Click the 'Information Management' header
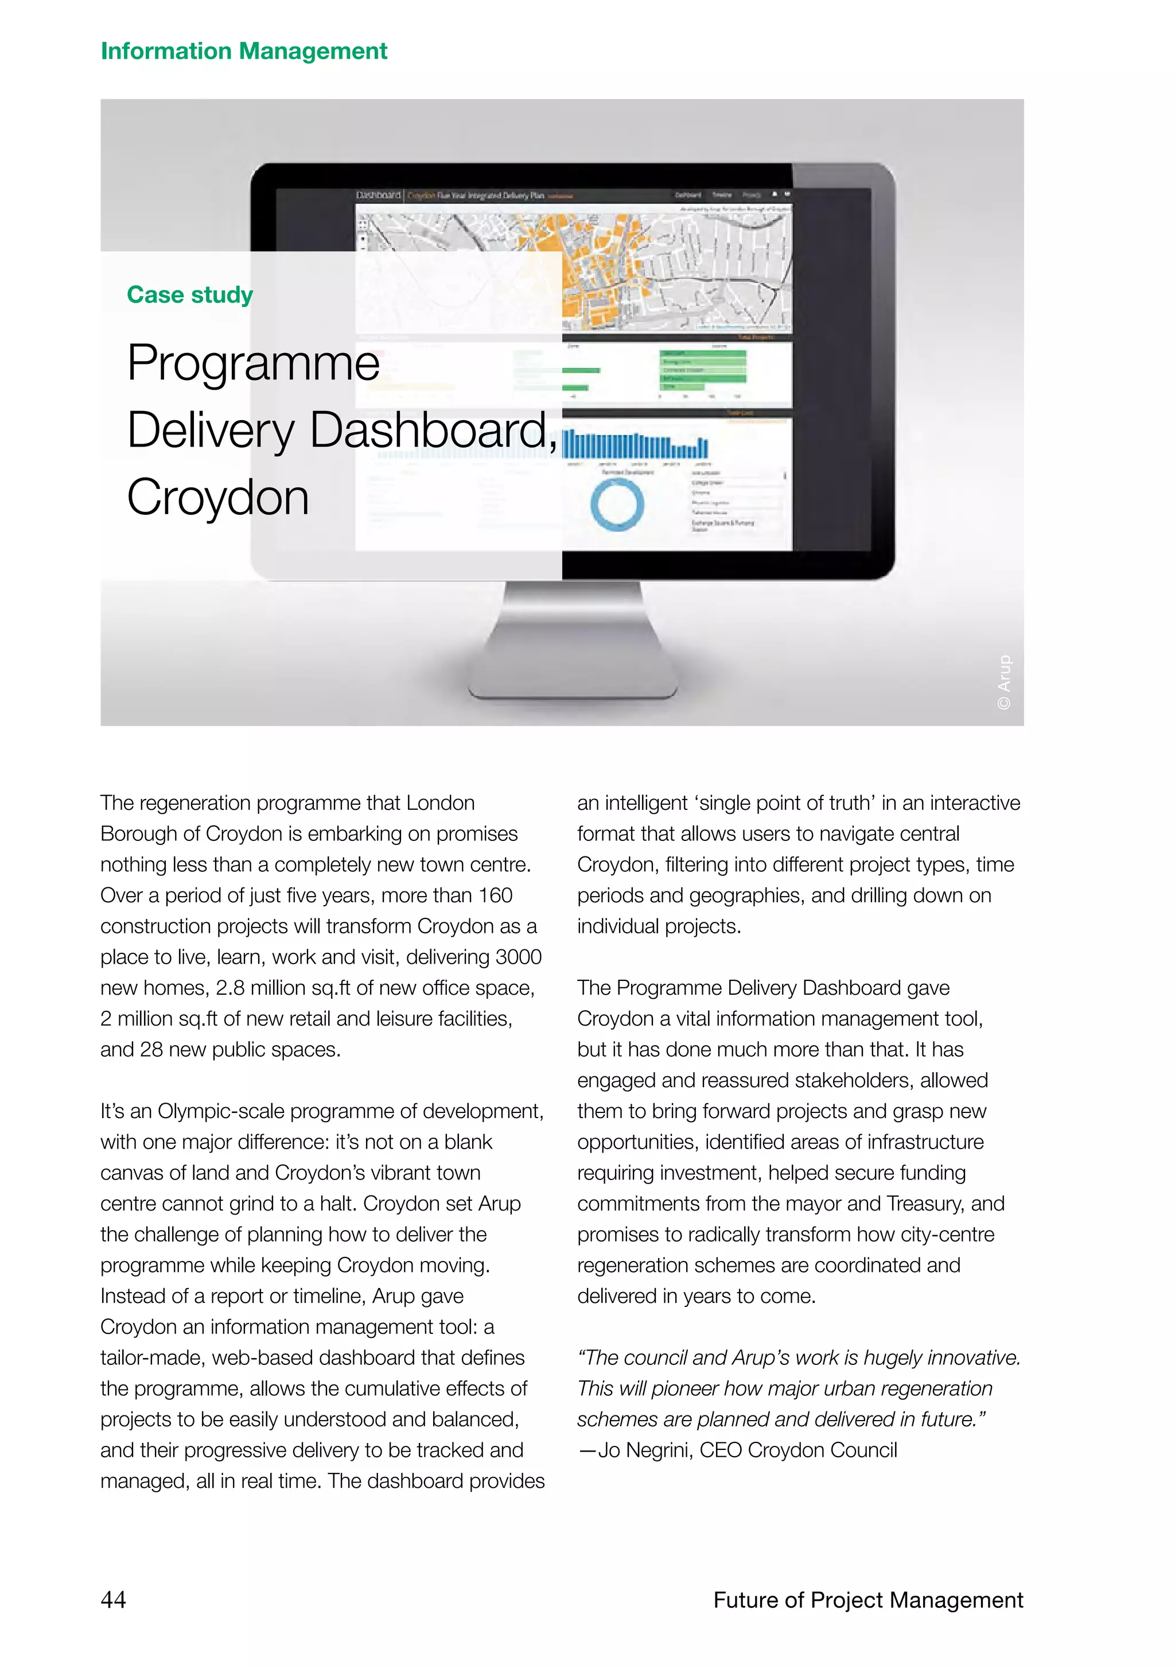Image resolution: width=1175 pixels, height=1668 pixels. pyautogui.click(x=243, y=51)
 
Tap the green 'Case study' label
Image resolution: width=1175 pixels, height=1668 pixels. pyautogui.click(x=189, y=294)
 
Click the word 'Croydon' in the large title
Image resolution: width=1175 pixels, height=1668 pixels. pyautogui.click(x=218, y=498)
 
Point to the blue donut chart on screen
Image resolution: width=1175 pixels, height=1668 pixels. pyautogui.click(x=617, y=503)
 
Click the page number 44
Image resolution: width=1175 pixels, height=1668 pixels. pyautogui.click(x=113, y=1599)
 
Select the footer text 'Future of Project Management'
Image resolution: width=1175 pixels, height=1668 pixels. pyautogui.click(x=868, y=1599)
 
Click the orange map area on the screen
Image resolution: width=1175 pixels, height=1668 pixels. pyautogui.click(x=596, y=269)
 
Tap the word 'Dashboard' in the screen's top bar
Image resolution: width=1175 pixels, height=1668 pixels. pyautogui.click(x=378, y=195)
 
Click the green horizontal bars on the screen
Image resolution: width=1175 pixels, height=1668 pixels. pyautogui.click(x=702, y=366)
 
